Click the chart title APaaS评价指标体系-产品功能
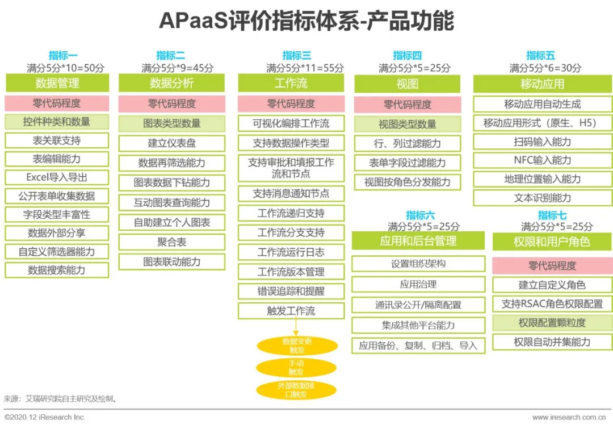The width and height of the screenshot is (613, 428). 306,20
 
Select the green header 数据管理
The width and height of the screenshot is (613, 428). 57,83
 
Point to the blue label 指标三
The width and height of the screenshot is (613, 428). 297,55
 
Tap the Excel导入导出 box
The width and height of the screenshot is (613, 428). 57,177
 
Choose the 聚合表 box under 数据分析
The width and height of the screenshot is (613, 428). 172,242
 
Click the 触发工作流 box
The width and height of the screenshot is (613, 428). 291,311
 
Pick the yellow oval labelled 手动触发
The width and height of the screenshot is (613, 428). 296,368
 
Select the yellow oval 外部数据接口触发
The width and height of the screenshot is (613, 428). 296,390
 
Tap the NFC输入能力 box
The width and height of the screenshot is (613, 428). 543,160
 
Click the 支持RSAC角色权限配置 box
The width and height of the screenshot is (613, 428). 552,304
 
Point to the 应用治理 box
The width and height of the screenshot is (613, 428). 418,284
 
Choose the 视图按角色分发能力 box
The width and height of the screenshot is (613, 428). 408,182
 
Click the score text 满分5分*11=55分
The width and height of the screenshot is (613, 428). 305,68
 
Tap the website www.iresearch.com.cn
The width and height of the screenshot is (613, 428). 569,417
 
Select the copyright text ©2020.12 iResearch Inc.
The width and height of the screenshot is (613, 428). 45,417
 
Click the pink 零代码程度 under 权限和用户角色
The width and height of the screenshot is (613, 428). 552,265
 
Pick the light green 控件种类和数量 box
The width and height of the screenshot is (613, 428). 57,122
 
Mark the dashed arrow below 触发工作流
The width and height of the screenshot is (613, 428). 296,327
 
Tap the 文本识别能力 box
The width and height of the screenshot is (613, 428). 543,198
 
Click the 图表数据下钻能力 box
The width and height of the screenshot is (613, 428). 172,182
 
